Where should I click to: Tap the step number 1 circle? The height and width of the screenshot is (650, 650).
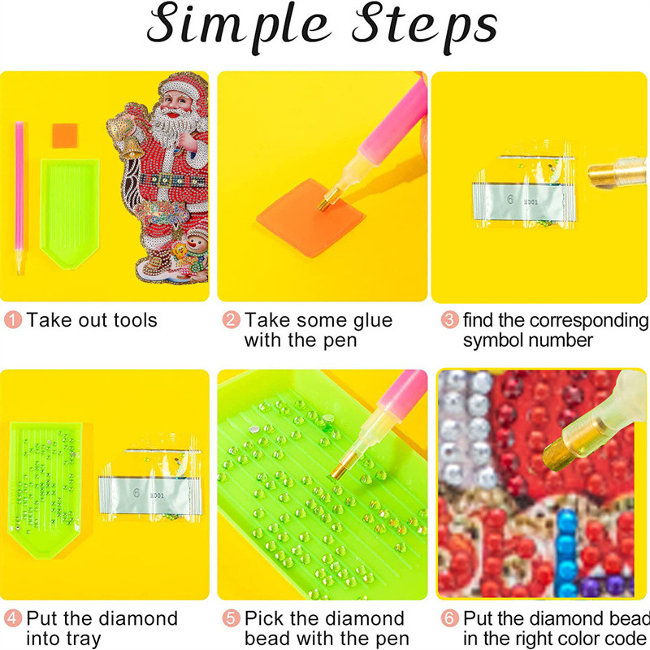click(x=13, y=320)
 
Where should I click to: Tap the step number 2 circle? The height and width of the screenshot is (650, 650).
click(x=231, y=320)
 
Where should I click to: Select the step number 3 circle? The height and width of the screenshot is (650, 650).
click(x=450, y=320)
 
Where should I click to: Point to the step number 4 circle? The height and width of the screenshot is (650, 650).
click(x=13, y=618)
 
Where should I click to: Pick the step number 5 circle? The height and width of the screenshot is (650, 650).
click(x=231, y=618)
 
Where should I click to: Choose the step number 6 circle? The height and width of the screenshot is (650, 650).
click(x=450, y=618)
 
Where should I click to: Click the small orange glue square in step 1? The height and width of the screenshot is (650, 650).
click(x=65, y=136)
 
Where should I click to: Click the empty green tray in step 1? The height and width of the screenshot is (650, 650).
click(x=70, y=214)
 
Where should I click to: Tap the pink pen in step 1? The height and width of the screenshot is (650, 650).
click(x=19, y=197)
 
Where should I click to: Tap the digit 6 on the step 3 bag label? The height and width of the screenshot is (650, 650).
click(x=510, y=199)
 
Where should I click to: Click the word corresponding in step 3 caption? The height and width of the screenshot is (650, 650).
click(x=589, y=320)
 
